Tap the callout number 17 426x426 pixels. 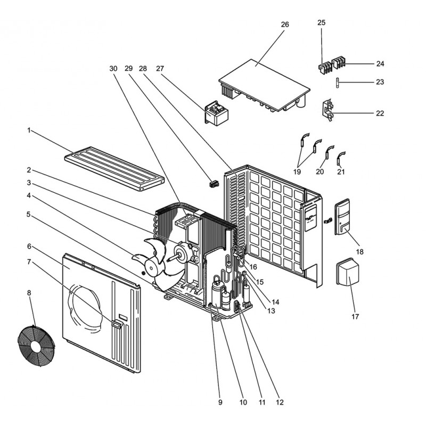(355, 316)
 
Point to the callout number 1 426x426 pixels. (30, 130)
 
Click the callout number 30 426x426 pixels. (112, 69)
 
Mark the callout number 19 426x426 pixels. (297, 171)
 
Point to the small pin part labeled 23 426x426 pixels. (338, 82)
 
